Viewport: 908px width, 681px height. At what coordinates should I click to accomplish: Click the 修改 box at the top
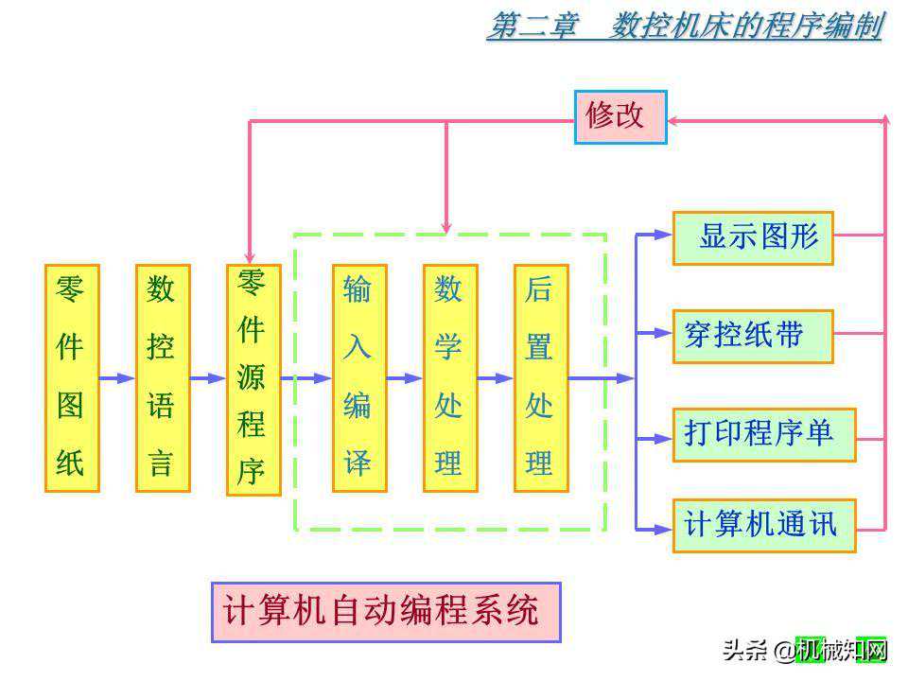[620, 116]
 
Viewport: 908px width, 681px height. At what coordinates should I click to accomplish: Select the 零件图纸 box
[72, 377]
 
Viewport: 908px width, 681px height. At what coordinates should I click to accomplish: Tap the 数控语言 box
[163, 377]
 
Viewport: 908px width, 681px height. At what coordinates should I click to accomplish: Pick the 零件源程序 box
[253, 379]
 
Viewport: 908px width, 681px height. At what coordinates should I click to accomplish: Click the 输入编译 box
[359, 377]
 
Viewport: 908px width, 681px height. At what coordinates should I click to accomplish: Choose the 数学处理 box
[450, 377]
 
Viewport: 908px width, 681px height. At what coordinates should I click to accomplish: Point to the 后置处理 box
[541, 377]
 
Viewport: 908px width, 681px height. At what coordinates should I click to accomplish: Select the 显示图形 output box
[753, 237]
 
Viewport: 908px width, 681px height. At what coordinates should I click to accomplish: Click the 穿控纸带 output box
[753, 336]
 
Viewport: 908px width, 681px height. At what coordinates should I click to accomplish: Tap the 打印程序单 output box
[764, 434]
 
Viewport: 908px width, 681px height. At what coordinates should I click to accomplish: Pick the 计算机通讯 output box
[764, 525]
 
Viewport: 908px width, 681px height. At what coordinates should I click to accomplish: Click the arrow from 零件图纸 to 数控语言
[117, 378]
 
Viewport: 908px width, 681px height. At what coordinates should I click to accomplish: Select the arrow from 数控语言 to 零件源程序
[208, 378]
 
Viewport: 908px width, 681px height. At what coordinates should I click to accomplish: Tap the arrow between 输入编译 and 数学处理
[405, 378]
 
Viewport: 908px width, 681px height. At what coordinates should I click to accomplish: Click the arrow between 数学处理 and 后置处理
[496, 378]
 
